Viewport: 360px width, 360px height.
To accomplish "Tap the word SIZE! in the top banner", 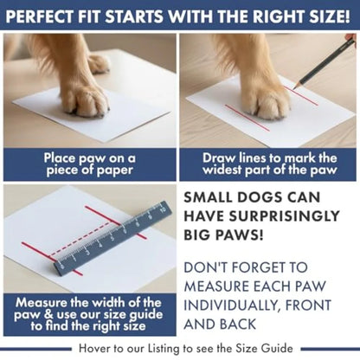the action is pyautogui.click(x=328, y=16).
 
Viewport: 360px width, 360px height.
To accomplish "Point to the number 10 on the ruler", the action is pyautogui.click(x=163, y=209).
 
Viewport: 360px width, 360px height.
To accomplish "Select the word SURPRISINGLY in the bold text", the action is pyautogui.click(x=261, y=217).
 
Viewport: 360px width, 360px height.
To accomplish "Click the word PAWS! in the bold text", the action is pyautogui.click(x=224, y=235).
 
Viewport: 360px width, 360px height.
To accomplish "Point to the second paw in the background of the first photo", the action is pyautogui.click(x=99, y=62).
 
